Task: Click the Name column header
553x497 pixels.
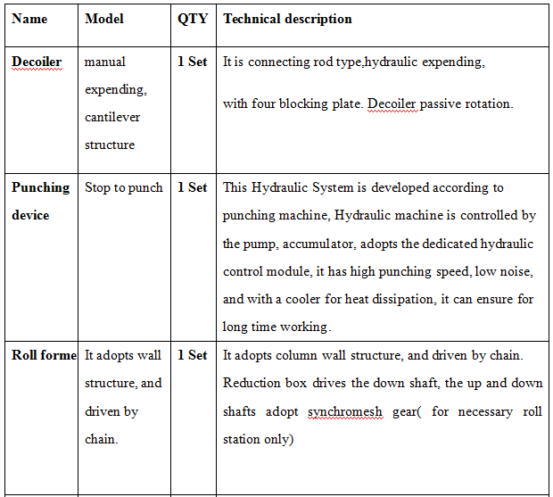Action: tap(29, 19)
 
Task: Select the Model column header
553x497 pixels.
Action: tap(104, 19)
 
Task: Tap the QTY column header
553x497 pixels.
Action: tap(192, 19)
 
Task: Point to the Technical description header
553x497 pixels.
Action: tap(287, 19)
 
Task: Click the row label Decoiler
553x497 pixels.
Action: tap(37, 62)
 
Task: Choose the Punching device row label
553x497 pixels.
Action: tap(40, 201)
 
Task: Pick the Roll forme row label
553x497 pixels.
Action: tap(44, 355)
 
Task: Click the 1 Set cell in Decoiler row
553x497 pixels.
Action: tap(192, 62)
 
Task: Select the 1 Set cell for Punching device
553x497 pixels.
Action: tap(192, 187)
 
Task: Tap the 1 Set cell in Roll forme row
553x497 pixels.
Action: tap(192, 355)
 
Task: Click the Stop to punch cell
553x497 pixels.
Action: tap(124, 187)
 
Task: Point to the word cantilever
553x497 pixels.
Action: tap(112, 117)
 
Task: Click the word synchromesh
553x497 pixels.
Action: tap(344, 411)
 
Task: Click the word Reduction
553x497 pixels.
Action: tap(252, 383)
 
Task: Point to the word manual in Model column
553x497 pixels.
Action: tap(105, 62)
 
